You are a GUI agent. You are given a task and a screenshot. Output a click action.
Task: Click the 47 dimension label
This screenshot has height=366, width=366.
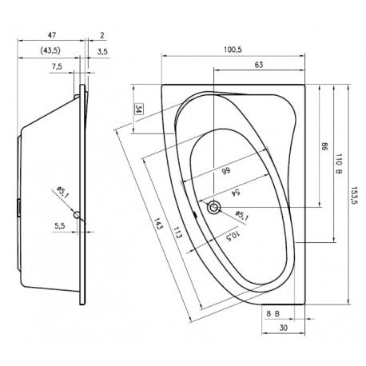52,35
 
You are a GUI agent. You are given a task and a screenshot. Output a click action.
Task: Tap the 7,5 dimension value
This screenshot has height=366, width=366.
57,66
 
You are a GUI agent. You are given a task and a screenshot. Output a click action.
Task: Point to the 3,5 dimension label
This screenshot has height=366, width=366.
102,51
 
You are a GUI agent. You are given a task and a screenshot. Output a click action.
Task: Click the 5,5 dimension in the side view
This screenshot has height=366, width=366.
60,226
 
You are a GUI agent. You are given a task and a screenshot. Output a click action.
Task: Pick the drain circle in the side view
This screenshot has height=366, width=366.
78,215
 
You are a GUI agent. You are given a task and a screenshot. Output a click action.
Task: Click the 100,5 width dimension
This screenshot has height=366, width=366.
233,50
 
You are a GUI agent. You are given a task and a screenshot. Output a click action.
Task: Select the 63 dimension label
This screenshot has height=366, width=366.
259,65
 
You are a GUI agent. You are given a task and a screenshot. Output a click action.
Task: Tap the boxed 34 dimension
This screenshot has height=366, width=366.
138,109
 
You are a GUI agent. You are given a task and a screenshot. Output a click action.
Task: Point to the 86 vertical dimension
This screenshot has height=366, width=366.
324,147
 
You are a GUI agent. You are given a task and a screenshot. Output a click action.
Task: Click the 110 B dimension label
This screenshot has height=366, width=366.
339,164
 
